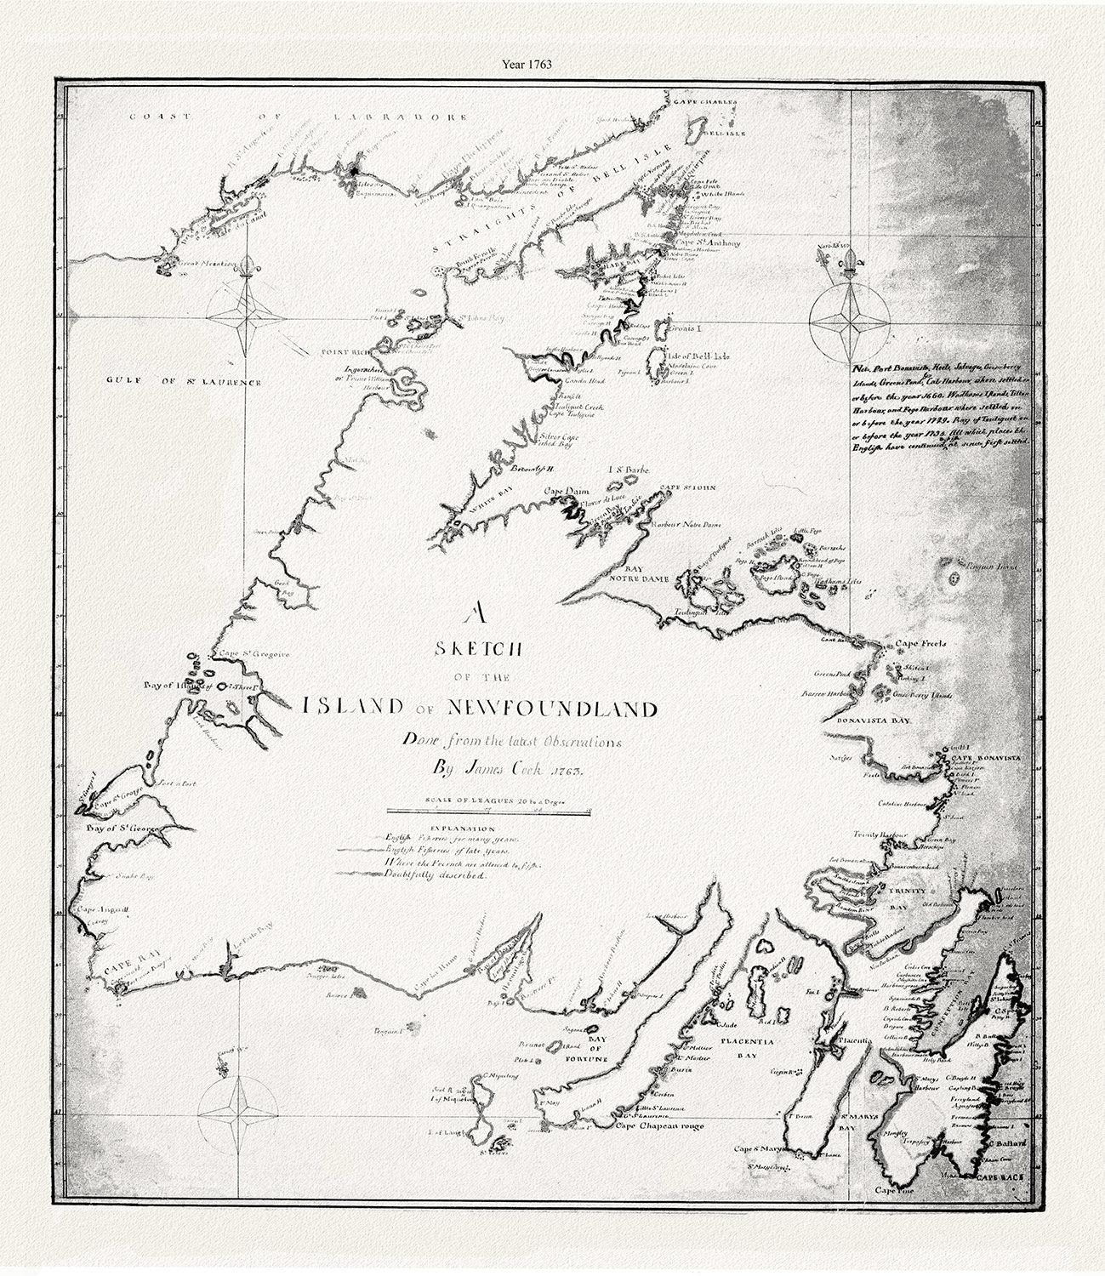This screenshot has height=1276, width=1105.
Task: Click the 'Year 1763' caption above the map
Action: pyautogui.click(x=552, y=62)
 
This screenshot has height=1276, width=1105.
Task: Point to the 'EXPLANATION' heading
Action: pyautogui.click(x=463, y=827)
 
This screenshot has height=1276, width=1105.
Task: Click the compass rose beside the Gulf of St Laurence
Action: pyautogui.click(x=246, y=317)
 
